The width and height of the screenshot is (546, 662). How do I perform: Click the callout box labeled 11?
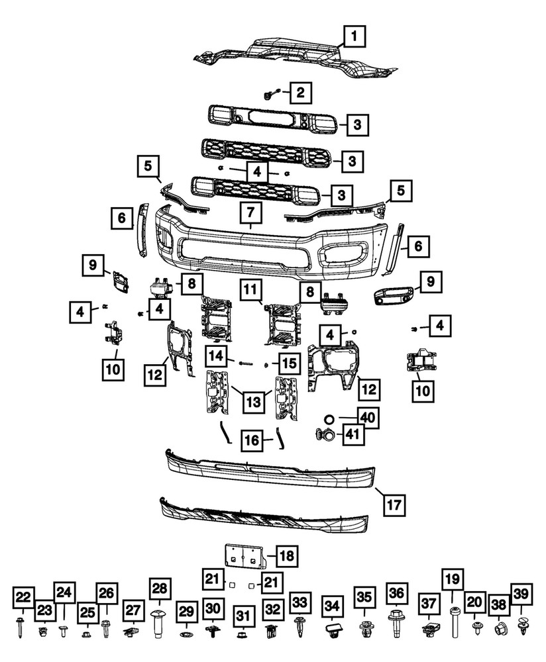250,289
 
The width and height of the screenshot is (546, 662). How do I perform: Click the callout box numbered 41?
349,434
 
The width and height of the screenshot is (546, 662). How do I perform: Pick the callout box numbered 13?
250,401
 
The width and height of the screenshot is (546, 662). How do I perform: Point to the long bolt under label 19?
455,621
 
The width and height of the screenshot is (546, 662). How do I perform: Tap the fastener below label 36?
396,624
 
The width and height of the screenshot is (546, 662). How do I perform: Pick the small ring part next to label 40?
327,418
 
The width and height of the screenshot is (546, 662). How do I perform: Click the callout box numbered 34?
331,604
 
